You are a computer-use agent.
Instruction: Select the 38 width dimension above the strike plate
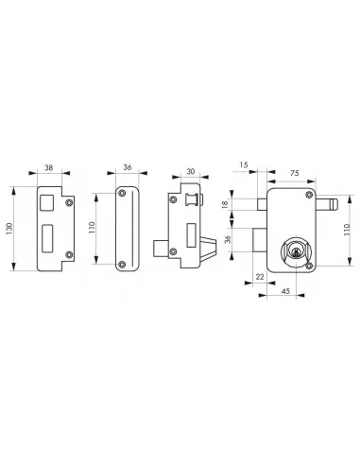click(49, 170)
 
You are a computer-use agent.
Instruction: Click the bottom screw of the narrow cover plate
click(121, 264)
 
